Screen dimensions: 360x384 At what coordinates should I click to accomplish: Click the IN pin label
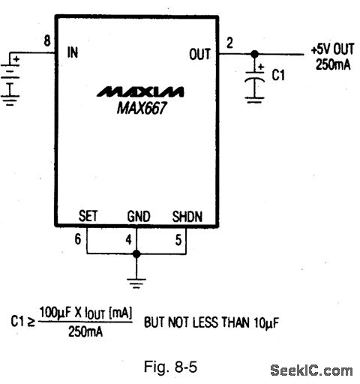tap(73, 52)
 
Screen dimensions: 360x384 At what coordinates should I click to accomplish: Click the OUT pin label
tap(200, 54)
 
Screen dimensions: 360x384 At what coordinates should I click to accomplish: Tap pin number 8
tap(47, 40)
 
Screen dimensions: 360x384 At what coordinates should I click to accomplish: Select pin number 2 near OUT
tap(229, 43)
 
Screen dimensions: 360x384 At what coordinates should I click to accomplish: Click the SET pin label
tap(88, 216)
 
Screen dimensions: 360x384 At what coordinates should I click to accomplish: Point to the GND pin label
tap(139, 216)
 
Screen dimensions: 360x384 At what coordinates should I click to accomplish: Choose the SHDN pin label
tap(187, 217)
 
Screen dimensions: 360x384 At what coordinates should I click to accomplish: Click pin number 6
tap(78, 239)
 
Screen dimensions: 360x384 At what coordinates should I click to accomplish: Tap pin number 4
tap(128, 240)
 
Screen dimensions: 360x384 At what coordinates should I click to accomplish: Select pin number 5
tap(178, 240)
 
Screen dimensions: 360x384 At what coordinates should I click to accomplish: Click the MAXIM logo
tap(140, 91)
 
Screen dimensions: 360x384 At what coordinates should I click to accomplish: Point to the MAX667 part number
tap(142, 108)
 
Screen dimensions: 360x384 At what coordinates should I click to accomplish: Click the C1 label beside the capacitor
tap(278, 75)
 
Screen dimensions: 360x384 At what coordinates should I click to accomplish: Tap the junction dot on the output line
tap(255, 54)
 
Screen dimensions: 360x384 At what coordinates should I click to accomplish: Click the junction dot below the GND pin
tap(136, 254)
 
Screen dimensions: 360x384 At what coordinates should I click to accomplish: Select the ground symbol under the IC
tap(136, 283)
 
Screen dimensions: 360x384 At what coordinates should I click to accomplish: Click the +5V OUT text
tap(333, 49)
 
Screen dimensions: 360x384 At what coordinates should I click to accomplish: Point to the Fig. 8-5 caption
tap(171, 367)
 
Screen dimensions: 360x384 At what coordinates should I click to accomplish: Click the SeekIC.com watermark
tap(311, 370)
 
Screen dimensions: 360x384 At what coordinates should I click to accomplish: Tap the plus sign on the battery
tap(16, 59)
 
